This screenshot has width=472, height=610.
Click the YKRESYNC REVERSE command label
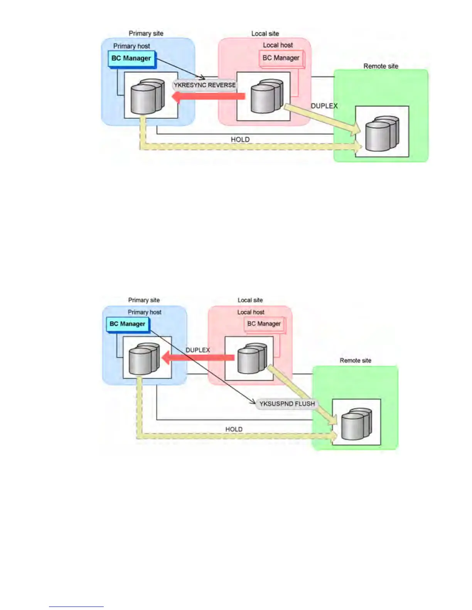pos(204,85)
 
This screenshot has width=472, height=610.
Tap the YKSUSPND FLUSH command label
pos(287,404)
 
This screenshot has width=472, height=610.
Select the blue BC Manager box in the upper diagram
pos(131,59)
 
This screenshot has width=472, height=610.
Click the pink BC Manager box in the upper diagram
pos(281,58)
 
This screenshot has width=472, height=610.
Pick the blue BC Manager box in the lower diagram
pos(127,324)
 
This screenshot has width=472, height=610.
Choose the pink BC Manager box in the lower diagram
pos(264,324)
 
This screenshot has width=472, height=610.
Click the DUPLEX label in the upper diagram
pos(324,106)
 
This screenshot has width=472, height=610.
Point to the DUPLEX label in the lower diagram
pos(198,350)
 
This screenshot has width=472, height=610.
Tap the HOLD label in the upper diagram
pos(240,139)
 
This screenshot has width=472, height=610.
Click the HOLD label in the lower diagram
pos(234,429)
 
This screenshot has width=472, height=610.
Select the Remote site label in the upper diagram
pos(381,66)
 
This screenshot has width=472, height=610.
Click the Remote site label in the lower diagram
pos(355,360)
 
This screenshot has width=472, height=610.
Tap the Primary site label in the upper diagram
pos(146,34)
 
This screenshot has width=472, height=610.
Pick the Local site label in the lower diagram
pos(250,300)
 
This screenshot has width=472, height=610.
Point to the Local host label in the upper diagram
pos(278,45)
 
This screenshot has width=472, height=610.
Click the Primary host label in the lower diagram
pos(145,312)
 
